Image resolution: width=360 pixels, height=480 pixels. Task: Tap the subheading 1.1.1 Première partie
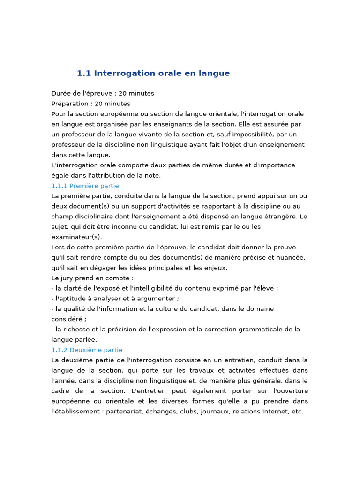click(x=85, y=186)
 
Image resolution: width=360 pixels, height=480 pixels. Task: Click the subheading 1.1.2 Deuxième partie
click(x=87, y=350)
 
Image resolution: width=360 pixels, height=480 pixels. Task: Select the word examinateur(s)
click(x=76, y=237)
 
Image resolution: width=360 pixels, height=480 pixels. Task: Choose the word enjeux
click(x=215, y=268)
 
